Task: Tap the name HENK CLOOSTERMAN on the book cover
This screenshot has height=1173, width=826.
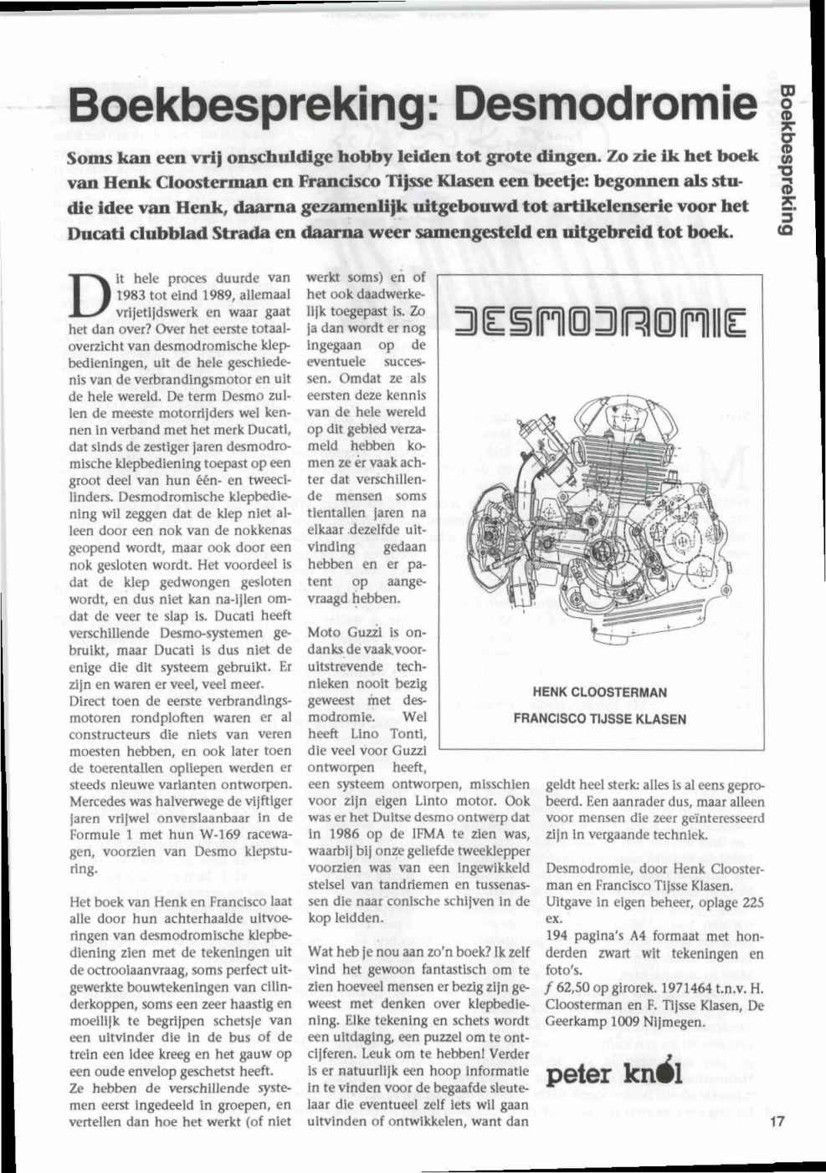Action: tap(599, 692)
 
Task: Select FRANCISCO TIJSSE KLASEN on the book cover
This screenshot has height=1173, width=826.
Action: tap(599, 718)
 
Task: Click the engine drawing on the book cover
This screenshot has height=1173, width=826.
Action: tap(598, 510)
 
